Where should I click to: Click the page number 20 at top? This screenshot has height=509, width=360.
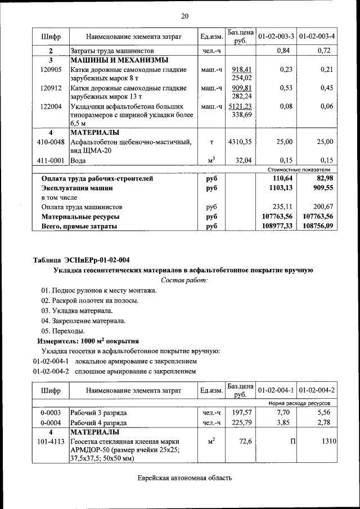point(185,16)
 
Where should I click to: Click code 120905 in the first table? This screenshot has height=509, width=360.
point(51,70)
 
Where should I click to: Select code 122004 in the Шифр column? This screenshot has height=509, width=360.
point(51,106)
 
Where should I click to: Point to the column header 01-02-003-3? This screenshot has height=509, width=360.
point(276,37)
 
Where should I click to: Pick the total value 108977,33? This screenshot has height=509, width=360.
point(276,226)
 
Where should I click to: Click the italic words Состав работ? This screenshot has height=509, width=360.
point(184,280)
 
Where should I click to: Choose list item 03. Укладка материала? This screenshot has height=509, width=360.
point(76,310)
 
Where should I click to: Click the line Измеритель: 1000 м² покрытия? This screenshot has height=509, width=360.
point(88,341)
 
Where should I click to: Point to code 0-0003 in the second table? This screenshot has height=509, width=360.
point(51,413)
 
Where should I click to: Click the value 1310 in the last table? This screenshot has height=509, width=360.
point(328,442)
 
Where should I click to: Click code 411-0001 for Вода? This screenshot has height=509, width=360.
point(51,160)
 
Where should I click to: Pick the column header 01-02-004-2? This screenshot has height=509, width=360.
point(317,390)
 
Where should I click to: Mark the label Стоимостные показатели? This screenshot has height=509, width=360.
point(298,169)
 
